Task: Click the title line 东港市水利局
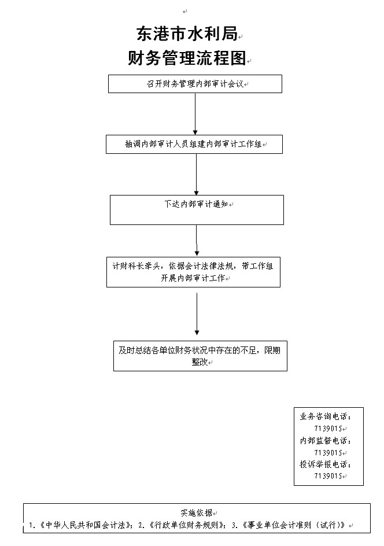(187, 34)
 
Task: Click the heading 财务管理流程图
(187, 58)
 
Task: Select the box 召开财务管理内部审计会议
(195, 84)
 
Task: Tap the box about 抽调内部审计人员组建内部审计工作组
(194, 145)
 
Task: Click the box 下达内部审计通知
(197, 209)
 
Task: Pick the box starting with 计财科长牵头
(193, 272)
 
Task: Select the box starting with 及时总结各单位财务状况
(200, 356)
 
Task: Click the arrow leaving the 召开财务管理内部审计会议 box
(195, 114)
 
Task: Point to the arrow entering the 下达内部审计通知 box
(197, 175)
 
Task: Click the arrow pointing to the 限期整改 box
(197, 314)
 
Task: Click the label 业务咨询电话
(326, 416)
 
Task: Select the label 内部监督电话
(326, 441)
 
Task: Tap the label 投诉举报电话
(326, 464)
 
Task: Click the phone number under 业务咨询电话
(328, 429)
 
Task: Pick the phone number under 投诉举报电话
(328, 475)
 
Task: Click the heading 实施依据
(197, 512)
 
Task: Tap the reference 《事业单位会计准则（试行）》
(294, 525)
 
